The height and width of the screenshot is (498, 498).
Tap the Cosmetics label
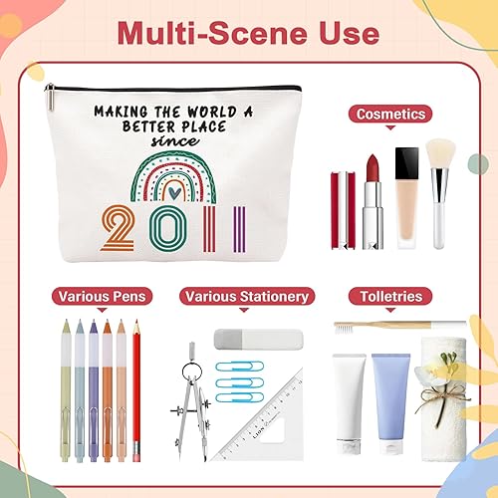tap(390, 114)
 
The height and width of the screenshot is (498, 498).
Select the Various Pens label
tap(102, 296)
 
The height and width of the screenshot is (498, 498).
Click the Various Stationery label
tap(247, 296)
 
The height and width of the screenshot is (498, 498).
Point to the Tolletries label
tap(390, 296)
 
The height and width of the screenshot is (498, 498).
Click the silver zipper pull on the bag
tap(50, 97)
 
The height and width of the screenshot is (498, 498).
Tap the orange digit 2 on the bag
tap(117, 228)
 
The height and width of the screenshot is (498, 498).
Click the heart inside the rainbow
tap(172, 192)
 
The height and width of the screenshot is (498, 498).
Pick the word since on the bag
tap(175, 141)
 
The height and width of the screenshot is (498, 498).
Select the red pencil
tap(136, 389)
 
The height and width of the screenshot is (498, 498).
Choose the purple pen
tap(94, 390)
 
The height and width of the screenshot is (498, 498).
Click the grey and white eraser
tap(259, 340)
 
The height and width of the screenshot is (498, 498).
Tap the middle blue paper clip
tap(240, 382)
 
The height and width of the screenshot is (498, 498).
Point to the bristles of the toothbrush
tap(344, 329)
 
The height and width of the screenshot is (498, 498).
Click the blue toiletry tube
tap(391, 403)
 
